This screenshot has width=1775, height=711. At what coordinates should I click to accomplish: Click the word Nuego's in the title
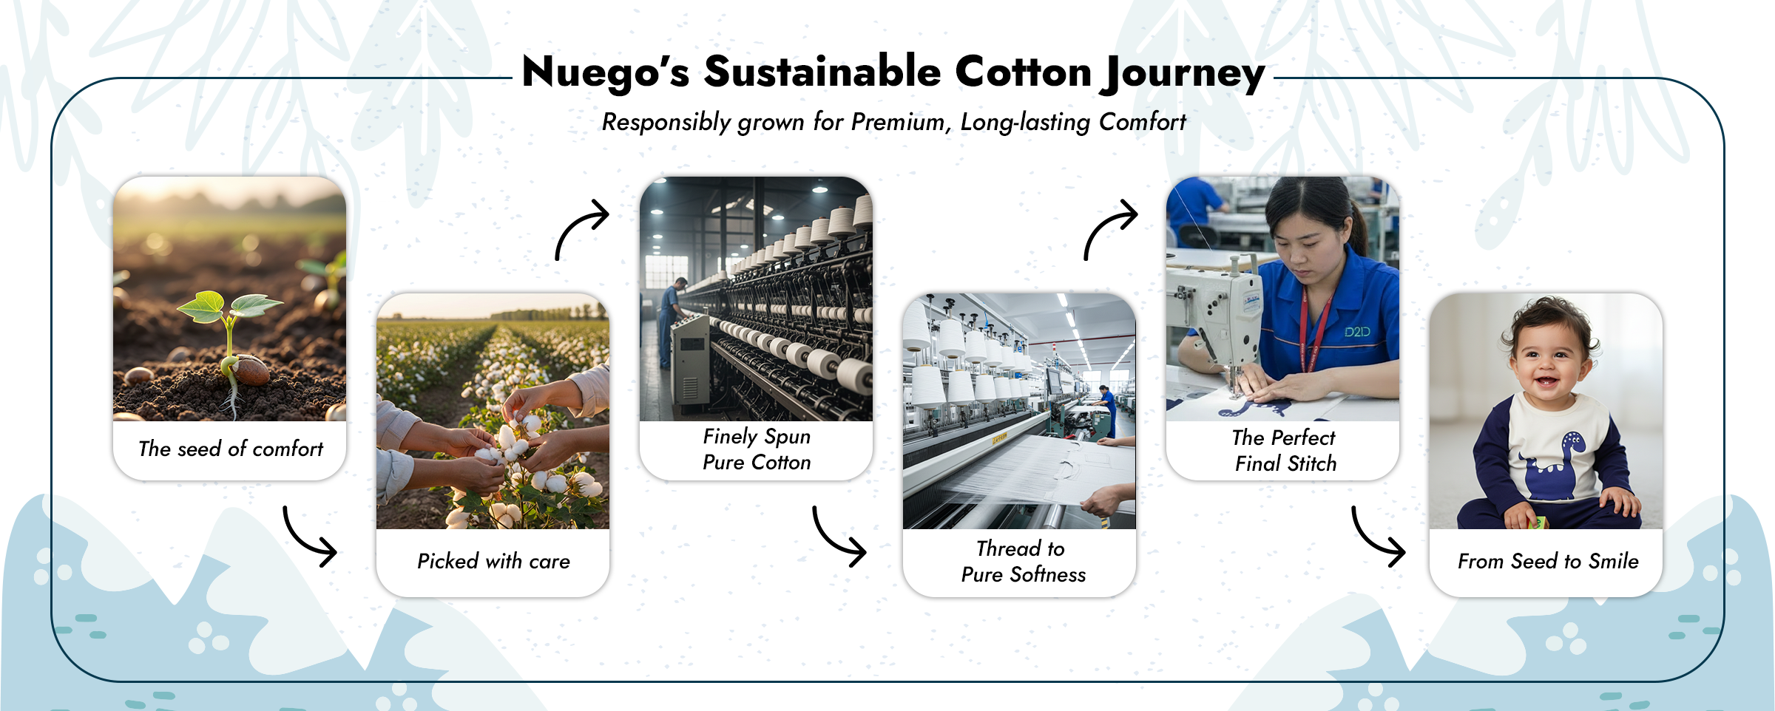606,72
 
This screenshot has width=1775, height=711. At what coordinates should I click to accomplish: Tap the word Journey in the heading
1183,74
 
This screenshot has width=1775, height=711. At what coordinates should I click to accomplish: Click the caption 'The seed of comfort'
231,449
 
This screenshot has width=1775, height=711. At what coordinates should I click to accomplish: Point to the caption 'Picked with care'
493,561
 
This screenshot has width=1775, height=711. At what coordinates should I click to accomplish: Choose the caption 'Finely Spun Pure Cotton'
757,449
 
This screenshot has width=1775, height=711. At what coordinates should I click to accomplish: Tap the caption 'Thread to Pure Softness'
1023,562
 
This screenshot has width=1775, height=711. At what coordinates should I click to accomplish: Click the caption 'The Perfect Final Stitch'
1285,450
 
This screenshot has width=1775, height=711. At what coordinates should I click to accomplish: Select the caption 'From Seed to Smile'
1548,561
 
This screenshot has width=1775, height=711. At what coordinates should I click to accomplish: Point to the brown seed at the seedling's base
250,370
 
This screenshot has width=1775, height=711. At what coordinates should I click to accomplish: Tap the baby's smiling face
1549,363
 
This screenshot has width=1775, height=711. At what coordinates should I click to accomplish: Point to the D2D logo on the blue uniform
1357,332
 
